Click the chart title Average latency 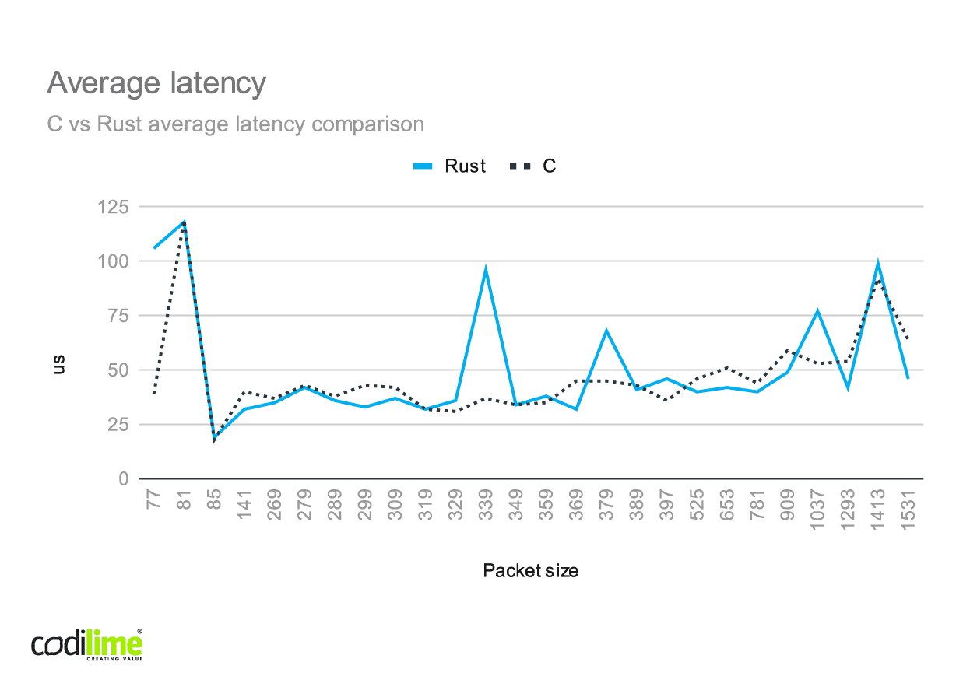tap(156, 82)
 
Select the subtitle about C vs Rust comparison tap(235, 124)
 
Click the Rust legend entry tap(450, 166)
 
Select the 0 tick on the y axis tap(123, 479)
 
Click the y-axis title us tap(59, 364)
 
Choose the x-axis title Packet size tap(530, 570)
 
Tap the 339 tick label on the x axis tap(486, 503)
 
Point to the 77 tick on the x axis tap(154, 499)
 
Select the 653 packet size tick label tap(726, 503)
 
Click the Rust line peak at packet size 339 tap(486, 270)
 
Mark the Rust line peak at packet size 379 tap(606, 331)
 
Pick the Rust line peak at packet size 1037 tap(817, 312)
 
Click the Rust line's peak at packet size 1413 tap(878, 264)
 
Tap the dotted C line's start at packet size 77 tap(154, 394)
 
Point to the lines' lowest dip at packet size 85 tap(214, 440)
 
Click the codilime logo tap(86, 645)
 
